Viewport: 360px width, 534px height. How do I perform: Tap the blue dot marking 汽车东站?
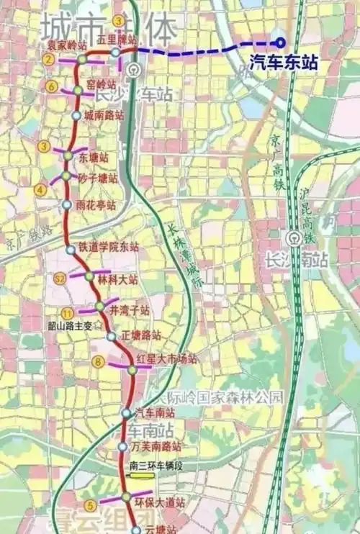pos(280,42)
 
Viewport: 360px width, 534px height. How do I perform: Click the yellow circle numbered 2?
pos(48,60)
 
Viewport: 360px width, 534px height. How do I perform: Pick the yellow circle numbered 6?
pos(51,87)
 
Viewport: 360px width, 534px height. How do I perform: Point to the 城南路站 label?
pos(104,115)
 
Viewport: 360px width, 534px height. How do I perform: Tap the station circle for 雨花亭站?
pos(67,205)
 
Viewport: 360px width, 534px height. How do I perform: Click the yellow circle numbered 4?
pos(40,190)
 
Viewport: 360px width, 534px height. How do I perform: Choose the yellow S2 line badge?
pos(60,277)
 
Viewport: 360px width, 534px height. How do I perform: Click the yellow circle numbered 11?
pos(68,312)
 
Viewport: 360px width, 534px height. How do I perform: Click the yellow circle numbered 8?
pos(99,362)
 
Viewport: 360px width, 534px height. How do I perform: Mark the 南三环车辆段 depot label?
pos(156,466)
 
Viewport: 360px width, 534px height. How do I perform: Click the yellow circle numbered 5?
pos(90,504)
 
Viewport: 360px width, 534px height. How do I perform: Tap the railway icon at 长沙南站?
pos(293,238)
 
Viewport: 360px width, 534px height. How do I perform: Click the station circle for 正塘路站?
pos(112,336)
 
